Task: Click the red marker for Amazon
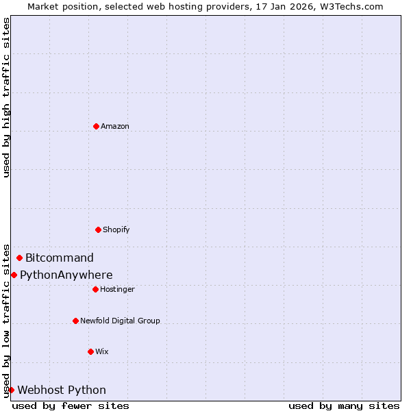click(96, 126)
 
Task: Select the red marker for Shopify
click(98, 229)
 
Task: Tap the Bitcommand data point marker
click(19, 258)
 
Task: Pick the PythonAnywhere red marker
click(14, 275)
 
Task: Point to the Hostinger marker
click(95, 289)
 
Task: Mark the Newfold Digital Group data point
click(75, 321)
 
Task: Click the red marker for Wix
click(90, 351)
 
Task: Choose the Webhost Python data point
click(11, 390)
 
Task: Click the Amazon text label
click(115, 126)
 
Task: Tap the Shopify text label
click(116, 229)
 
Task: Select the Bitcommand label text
click(60, 258)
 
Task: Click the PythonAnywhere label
click(66, 275)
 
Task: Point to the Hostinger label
click(117, 289)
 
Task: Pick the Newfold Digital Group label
click(120, 321)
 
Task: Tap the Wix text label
click(102, 351)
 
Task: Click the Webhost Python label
click(62, 390)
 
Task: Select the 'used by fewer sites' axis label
click(71, 406)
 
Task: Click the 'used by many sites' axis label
click(344, 406)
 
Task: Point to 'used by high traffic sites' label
click(6, 97)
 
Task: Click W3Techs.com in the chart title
click(349, 6)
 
